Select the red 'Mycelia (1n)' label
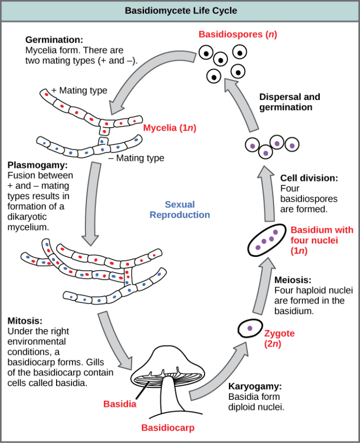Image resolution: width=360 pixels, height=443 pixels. point(170,127)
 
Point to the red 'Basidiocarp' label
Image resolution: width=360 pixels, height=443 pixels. point(169,428)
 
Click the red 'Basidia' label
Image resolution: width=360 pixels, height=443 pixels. point(119,403)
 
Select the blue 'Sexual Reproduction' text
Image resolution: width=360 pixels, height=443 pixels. point(179,209)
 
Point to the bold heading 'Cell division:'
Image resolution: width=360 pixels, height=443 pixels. point(309,178)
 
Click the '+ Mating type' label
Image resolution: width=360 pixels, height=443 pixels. point(79,91)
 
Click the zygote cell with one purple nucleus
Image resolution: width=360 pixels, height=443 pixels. point(249,327)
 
